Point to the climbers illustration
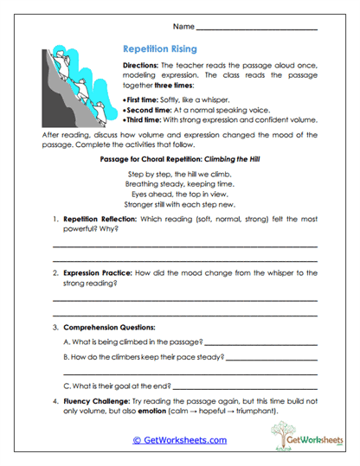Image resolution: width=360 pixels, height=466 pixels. pos(74,86)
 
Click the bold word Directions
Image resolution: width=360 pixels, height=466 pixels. pos(136,67)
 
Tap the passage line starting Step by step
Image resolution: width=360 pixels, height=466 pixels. pos(179,174)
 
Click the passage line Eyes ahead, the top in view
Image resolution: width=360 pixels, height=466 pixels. pos(179,195)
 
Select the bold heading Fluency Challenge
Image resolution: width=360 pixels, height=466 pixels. pos(94,401)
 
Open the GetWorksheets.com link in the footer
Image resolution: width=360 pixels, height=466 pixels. pos(179,440)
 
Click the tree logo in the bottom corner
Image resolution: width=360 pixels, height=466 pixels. pos(292,437)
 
